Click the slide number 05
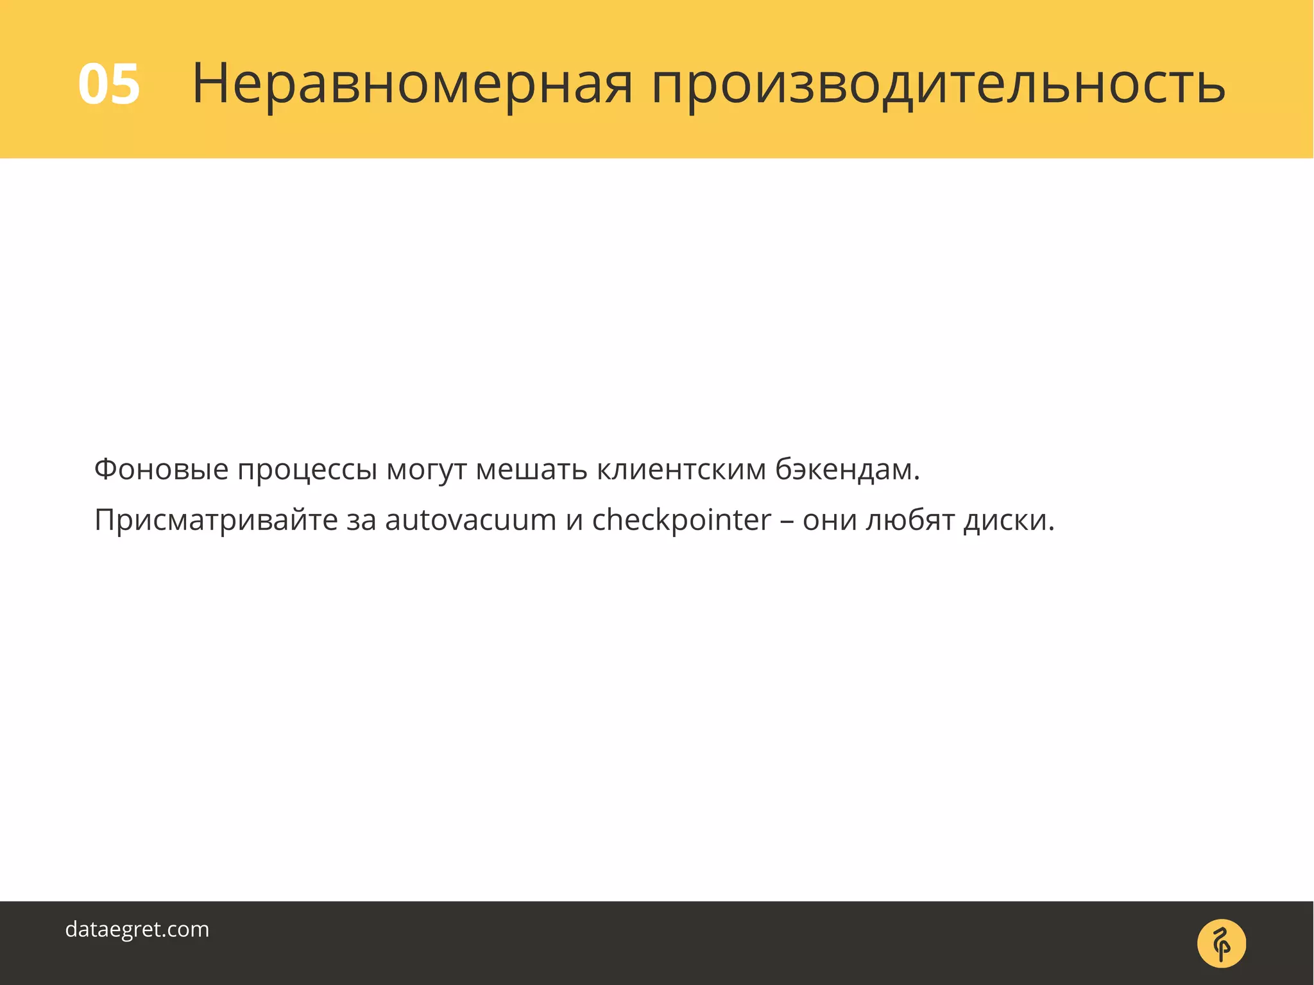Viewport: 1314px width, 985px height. coord(109,85)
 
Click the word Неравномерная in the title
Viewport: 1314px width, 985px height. coord(413,85)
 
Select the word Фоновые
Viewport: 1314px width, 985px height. coord(161,469)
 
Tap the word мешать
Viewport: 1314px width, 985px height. coord(531,469)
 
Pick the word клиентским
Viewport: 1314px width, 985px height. coord(681,469)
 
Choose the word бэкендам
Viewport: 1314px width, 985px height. coord(847,469)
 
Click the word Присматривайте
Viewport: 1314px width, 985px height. coord(216,520)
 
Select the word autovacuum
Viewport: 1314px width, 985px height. coord(470,520)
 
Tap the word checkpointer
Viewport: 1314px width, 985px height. coord(681,520)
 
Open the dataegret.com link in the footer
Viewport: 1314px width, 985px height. coord(137,929)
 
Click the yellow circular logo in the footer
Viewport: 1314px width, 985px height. coord(1221,943)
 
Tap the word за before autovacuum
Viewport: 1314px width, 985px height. coord(361,520)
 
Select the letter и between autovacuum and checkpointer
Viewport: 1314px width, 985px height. coord(574,520)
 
